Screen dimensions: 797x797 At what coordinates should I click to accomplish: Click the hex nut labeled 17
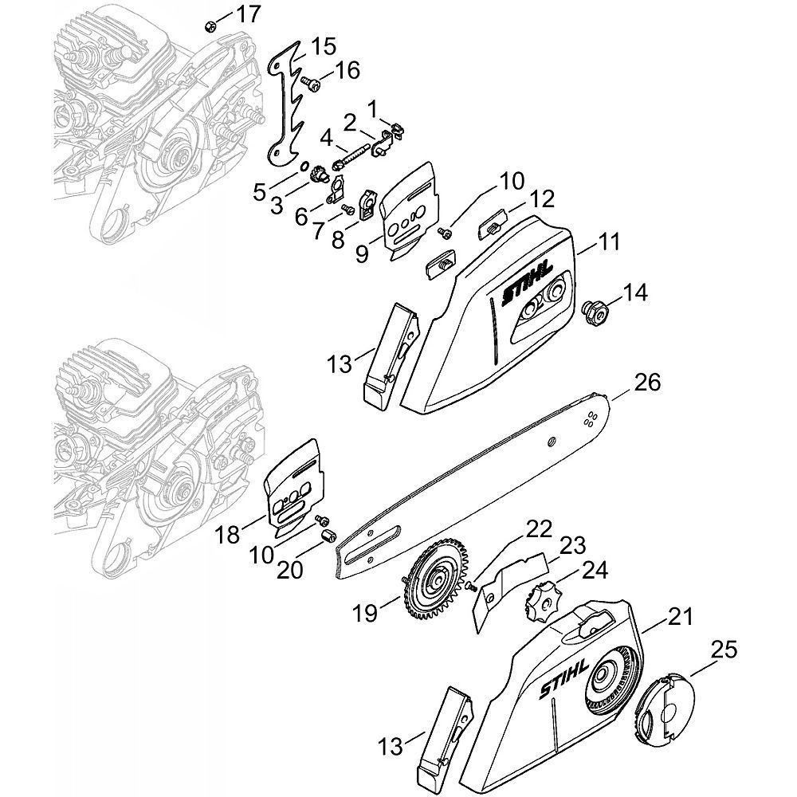210,26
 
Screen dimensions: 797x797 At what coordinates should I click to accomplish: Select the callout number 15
323,47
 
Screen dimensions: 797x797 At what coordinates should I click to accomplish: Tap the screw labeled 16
310,84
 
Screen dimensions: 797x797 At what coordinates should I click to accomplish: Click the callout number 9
362,253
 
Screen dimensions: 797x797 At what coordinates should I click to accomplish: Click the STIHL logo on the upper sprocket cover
527,285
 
